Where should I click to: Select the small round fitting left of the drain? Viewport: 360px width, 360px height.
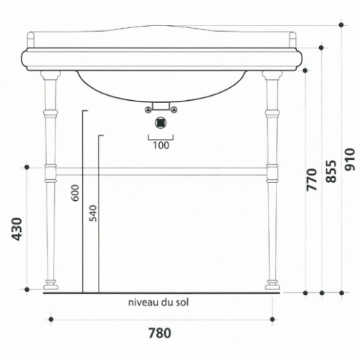tap(148, 110)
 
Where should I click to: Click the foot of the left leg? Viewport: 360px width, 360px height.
tap(50, 285)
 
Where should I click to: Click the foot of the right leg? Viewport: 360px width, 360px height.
tap(272, 285)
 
